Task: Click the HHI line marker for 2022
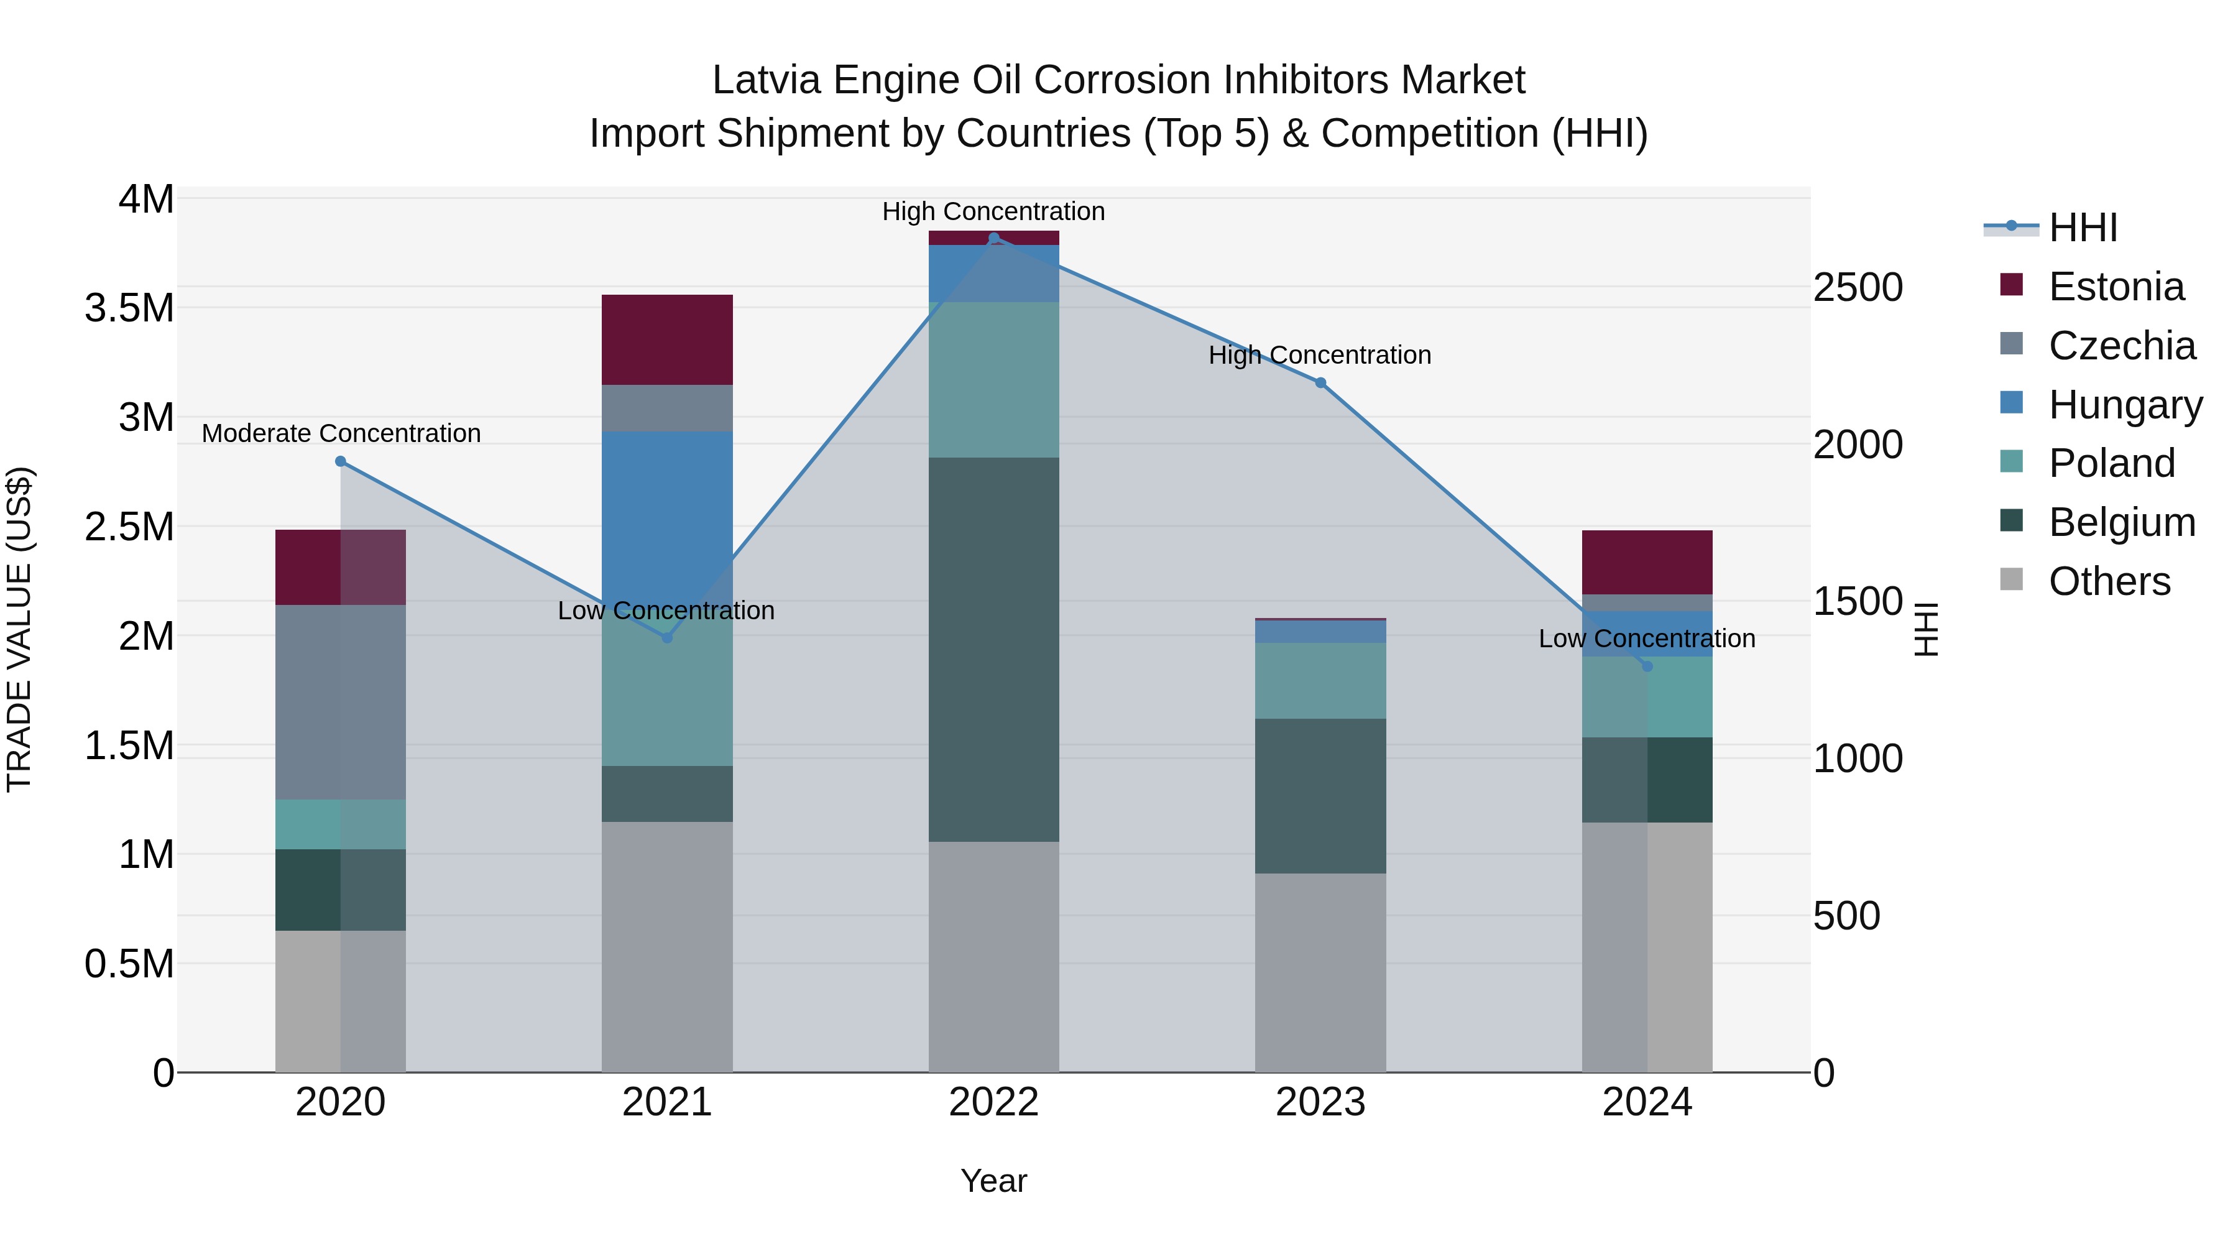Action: (x=994, y=238)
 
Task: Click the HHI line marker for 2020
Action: (x=341, y=461)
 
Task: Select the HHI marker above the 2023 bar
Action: (x=1320, y=383)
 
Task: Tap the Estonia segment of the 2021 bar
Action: (x=666, y=339)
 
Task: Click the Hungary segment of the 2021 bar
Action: (x=666, y=513)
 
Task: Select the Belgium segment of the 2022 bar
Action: (x=994, y=649)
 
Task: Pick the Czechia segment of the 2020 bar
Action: (x=341, y=701)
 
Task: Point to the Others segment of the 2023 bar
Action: (x=1320, y=972)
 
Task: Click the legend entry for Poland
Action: (x=2111, y=463)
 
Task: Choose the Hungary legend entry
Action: (x=2124, y=405)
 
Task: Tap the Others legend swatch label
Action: (x=2109, y=581)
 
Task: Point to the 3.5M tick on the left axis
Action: (x=129, y=308)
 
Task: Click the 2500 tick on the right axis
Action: (x=1858, y=288)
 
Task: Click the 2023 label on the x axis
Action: (x=1320, y=1102)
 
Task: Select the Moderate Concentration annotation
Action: (x=341, y=433)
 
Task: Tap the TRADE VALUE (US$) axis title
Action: (x=19, y=629)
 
